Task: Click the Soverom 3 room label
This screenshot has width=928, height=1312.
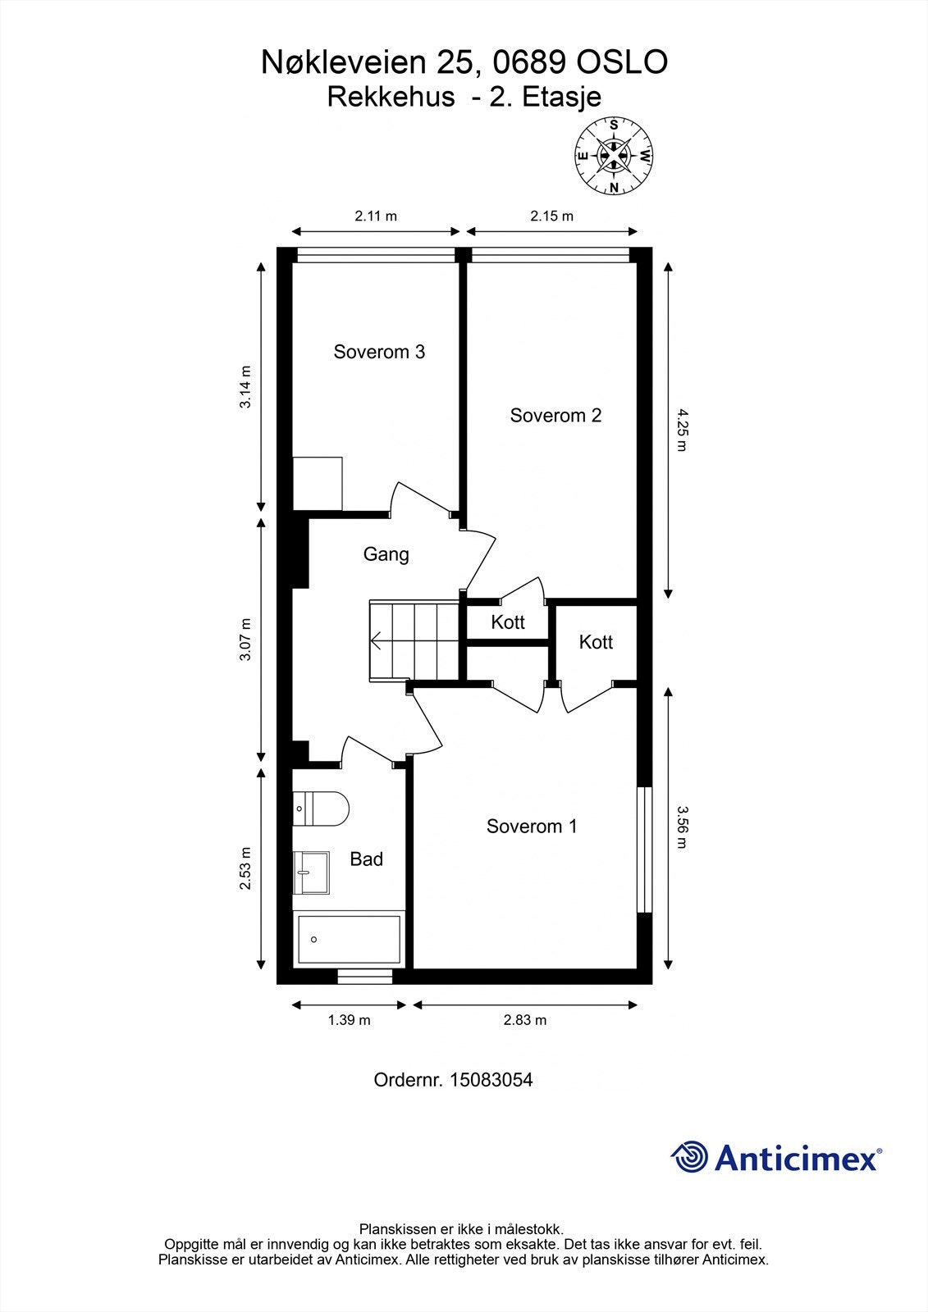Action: pos(379,352)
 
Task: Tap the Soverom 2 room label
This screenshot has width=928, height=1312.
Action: pos(555,415)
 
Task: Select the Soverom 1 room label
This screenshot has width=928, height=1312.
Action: pos(532,827)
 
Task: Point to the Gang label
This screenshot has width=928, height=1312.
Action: pos(386,554)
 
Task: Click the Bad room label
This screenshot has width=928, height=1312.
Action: pos(367,859)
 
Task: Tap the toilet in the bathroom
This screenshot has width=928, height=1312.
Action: pos(321,809)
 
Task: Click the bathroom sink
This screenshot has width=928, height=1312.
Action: pos(311,872)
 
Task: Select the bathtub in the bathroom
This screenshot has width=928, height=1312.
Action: pos(349,940)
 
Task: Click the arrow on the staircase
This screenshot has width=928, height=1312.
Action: pos(377,640)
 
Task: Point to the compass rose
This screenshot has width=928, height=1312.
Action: pos(614,157)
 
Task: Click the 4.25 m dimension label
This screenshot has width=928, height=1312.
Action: pos(682,430)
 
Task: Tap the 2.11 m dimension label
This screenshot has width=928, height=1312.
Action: pos(376,216)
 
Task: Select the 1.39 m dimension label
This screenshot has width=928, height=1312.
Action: pos(349,1020)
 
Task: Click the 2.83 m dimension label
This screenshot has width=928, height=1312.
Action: pos(524,1020)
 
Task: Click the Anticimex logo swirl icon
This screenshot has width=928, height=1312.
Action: pos(689,1157)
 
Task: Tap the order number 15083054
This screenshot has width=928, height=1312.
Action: pos(491,1079)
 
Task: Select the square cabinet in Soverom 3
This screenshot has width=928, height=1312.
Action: pos(318,484)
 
